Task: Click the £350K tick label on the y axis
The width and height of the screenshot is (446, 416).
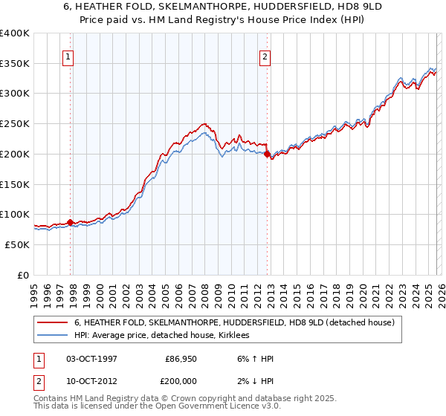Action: (x=15, y=63)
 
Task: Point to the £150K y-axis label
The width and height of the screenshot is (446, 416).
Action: (x=15, y=183)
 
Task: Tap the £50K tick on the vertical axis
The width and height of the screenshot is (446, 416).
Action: (x=18, y=244)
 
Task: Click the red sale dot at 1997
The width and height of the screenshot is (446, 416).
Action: (x=70, y=222)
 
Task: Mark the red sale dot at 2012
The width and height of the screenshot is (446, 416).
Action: (x=268, y=155)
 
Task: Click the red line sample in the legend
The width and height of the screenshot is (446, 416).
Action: (x=53, y=323)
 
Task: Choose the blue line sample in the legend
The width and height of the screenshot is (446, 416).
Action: (x=53, y=336)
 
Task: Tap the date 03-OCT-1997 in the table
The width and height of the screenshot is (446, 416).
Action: (x=91, y=359)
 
